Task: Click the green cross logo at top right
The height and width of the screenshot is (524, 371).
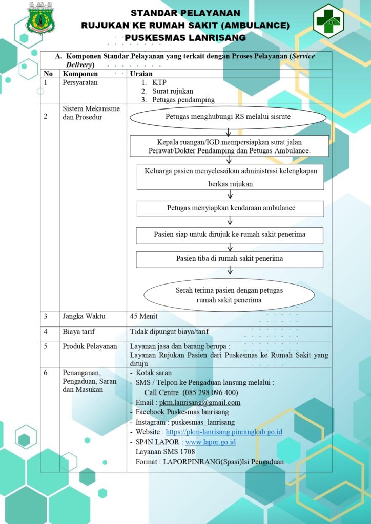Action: pyautogui.click(x=328, y=21)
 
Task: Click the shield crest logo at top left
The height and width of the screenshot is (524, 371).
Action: pyautogui.click(x=41, y=18)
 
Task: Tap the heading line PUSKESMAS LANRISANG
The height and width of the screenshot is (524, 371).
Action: pyautogui.click(x=186, y=38)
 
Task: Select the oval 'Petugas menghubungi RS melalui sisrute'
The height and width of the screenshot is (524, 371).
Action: pyautogui.click(x=228, y=117)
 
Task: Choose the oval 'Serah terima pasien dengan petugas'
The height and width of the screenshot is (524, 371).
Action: pyautogui.click(x=229, y=295)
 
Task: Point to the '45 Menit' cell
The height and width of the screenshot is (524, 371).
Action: pyautogui.click(x=143, y=316)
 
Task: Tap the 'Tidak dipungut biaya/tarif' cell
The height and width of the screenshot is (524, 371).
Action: pyautogui.click(x=169, y=332)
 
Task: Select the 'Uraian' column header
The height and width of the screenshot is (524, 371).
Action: pyautogui.click(x=141, y=74)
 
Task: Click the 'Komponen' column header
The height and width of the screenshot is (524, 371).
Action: pyautogui.click(x=80, y=74)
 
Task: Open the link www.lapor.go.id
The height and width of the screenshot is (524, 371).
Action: pyautogui.click(x=211, y=442)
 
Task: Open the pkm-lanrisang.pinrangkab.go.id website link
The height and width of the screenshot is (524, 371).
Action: pyautogui.click(x=224, y=432)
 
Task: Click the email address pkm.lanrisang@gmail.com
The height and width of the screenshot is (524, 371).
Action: pyautogui.click(x=200, y=402)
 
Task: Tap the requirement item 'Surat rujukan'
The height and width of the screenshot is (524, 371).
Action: pyautogui.click(x=173, y=91)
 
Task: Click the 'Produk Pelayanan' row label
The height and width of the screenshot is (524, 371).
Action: pyautogui.click(x=90, y=346)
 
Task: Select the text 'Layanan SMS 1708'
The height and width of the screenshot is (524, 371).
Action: pyautogui.click(x=166, y=452)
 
